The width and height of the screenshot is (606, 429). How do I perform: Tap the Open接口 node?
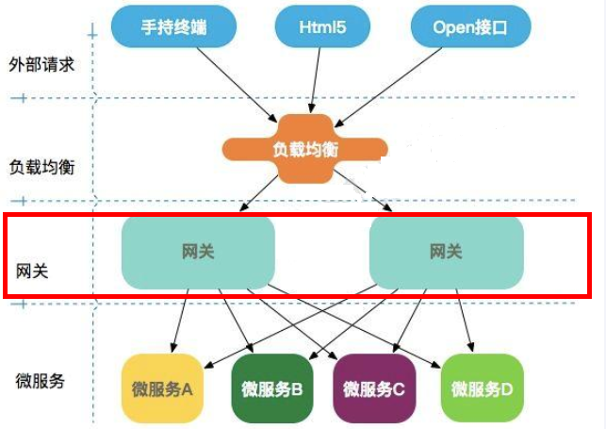468,27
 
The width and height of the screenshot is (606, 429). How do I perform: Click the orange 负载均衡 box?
304,148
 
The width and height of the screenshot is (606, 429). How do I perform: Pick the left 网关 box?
198,252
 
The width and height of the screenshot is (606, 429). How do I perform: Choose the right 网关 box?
446,252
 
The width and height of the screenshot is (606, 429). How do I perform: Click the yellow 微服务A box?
162,388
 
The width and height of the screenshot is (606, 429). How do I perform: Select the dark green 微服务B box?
271,388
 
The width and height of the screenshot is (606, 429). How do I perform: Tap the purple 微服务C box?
373,388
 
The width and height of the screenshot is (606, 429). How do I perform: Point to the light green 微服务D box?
482,388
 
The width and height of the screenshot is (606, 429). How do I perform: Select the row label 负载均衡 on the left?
42,167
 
